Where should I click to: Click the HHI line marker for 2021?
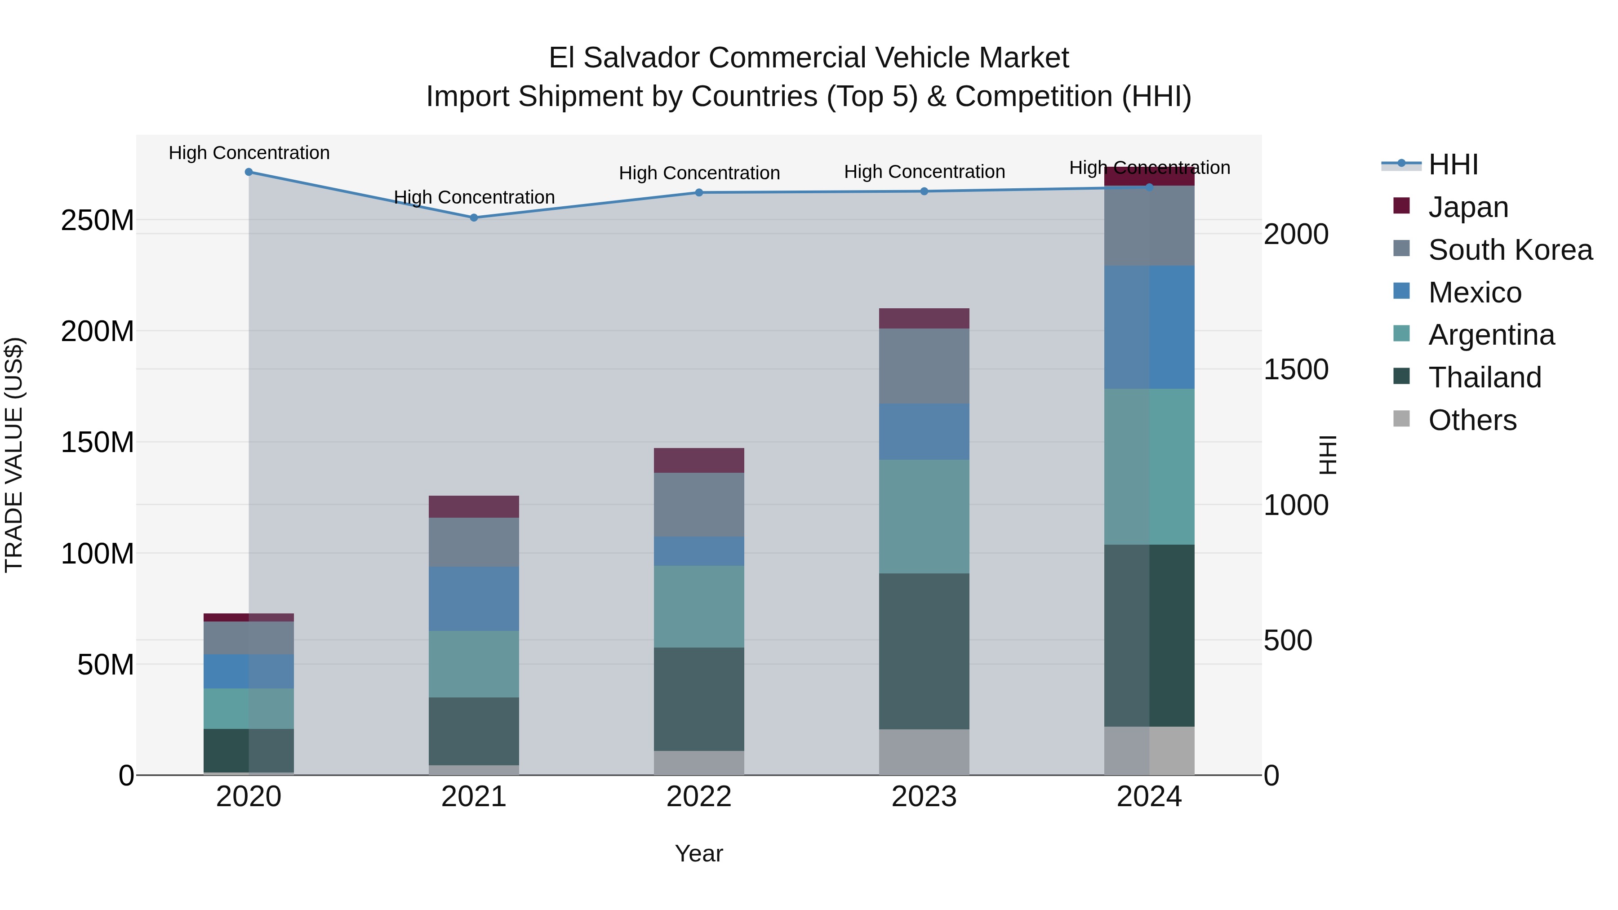tap(474, 218)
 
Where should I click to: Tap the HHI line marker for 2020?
tap(249, 172)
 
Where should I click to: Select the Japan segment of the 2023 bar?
tap(924, 319)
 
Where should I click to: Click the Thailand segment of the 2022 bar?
tap(698, 699)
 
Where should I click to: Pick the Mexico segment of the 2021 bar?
tap(474, 599)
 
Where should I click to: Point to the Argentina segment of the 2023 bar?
tap(924, 516)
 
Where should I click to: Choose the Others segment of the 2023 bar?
tap(924, 752)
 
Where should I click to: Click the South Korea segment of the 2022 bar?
tap(698, 504)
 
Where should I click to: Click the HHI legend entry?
tap(1453, 164)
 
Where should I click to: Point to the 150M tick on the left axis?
tap(98, 443)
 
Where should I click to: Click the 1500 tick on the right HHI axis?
tap(1296, 369)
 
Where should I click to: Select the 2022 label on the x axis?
tap(698, 797)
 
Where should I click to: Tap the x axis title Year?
tap(698, 853)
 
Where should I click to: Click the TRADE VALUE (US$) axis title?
tap(14, 455)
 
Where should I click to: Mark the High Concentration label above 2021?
tap(474, 197)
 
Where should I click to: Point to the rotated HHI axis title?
tap(1327, 455)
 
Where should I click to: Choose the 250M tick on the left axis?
tap(98, 221)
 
